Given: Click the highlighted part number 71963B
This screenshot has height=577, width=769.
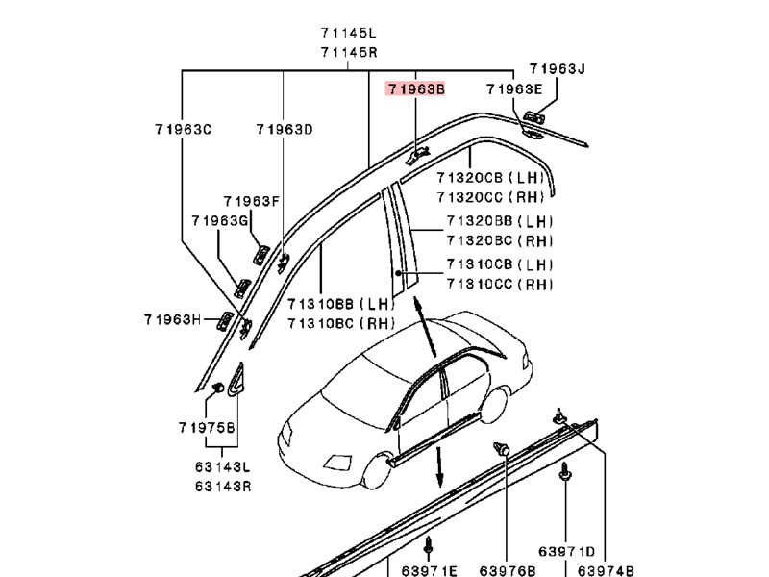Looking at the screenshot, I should pos(416,88).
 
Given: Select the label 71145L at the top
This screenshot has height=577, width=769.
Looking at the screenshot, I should pos(348,34).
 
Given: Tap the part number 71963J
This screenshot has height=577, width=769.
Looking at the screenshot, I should pos(557,69).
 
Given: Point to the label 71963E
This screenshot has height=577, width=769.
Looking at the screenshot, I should pos(514,88).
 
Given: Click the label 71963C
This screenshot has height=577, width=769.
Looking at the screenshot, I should pos(182,129).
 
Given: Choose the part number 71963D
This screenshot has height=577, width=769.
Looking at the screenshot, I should pos(285,129).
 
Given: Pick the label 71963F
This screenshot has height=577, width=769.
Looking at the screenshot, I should pos(251,201).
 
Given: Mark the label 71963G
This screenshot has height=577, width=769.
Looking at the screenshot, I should pos(220,221).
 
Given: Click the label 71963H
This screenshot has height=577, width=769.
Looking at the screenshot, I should pos(174,319).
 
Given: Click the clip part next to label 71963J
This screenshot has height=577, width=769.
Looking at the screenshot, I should pos(535,119).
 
